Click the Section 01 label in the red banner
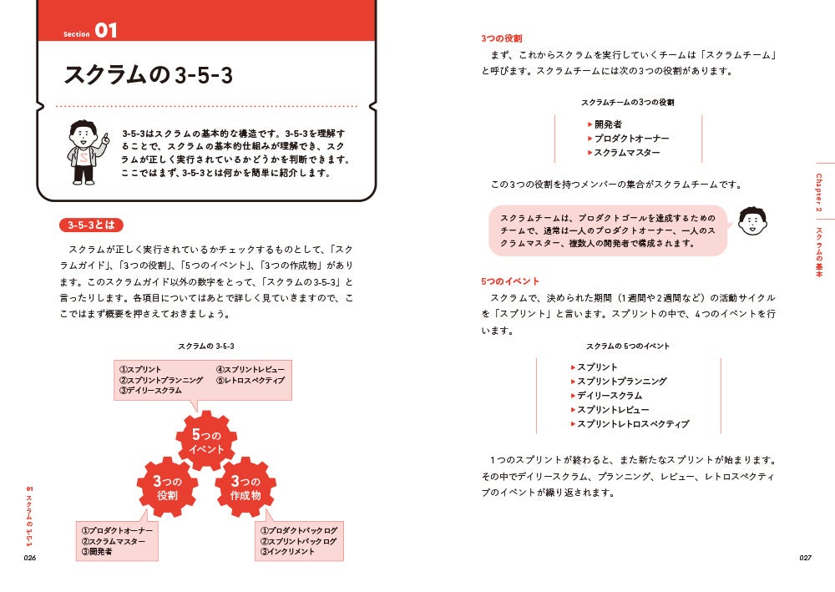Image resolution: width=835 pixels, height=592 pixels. [x=91, y=32]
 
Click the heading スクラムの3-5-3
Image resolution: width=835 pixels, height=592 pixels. [x=148, y=75]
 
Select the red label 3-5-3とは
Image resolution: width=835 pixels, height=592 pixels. [x=92, y=225]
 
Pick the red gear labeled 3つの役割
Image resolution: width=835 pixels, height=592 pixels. [x=167, y=488]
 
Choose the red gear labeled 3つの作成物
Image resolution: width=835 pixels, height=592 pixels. [x=245, y=488]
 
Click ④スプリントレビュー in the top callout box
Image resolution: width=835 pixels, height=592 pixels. [x=250, y=369]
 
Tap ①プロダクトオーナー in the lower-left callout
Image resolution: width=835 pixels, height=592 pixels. [x=117, y=530]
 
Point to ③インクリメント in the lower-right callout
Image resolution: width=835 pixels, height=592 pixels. [x=287, y=552]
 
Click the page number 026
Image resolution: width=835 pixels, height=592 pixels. [x=31, y=557]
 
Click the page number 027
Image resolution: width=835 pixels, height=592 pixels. [x=805, y=557]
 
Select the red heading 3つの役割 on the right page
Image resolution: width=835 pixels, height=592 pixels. [x=501, y=38]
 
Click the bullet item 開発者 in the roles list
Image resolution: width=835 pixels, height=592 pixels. [x=608, y=124]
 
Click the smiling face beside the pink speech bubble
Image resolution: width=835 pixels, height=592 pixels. [x=753, y=221]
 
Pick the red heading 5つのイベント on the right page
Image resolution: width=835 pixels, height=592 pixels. [x=509, y=281]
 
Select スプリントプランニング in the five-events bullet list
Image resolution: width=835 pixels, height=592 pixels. [x=621, y=382]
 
